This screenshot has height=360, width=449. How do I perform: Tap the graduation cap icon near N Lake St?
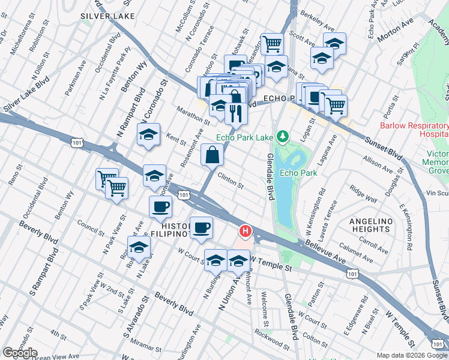139,248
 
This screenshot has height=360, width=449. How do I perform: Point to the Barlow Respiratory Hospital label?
414,130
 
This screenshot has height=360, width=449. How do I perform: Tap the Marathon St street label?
193,116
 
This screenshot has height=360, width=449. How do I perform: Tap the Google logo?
20,353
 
